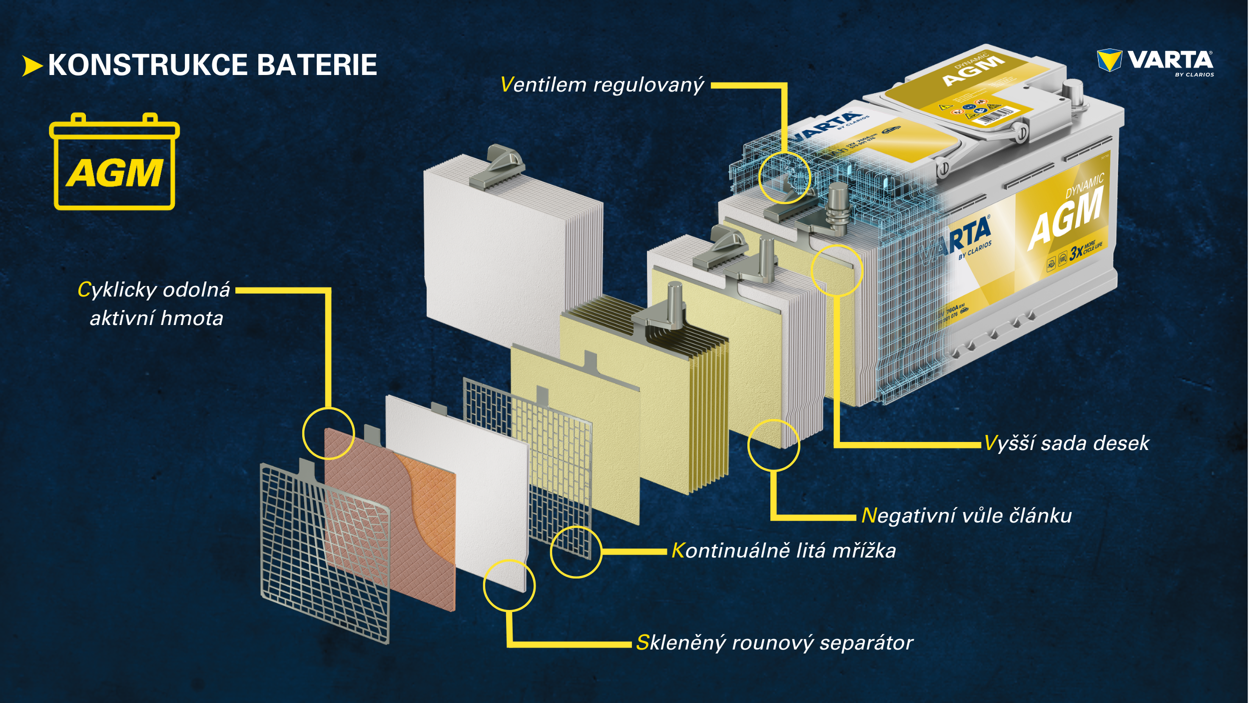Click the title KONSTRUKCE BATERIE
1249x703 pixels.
pos(212,65)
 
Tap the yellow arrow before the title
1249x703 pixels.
pos(32,66)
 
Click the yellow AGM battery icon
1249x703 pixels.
pos(114,162)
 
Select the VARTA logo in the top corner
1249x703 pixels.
pos(1155,61)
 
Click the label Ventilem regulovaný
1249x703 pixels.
pos(602,85)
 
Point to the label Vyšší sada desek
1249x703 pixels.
pos(1067,443)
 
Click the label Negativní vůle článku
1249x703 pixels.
pos(967,515)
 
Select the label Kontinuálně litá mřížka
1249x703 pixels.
pos(783,550)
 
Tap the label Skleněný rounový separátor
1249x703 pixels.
pos(774,643)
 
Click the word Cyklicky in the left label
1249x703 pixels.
pos(118,290)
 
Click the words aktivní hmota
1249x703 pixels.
pos(156,318)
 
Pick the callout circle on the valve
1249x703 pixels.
pos(784,177)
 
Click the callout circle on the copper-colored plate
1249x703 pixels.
pos(328,433)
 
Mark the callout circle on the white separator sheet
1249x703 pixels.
pos(509,585)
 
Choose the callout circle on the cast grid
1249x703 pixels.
pos(576,552)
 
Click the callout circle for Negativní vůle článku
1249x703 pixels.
pos(773,445)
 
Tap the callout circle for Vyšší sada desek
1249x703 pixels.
pos(837,270)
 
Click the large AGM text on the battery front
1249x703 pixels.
pos(1065,219)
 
